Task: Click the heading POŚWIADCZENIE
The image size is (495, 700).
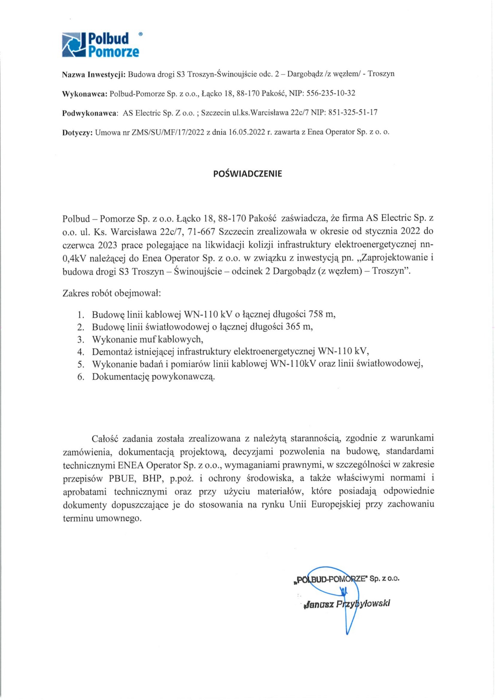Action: click(247, 174)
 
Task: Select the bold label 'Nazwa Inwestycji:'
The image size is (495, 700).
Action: click(94, 74)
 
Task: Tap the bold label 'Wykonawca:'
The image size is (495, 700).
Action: click(85, 94)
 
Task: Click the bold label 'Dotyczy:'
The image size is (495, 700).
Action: click(77, 132)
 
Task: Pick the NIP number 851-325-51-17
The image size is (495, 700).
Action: click(353, 113)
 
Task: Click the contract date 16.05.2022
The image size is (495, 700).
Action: click(246, 132)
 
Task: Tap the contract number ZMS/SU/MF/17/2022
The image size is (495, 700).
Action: click(168, 132)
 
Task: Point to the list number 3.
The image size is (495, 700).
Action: click(81, 339)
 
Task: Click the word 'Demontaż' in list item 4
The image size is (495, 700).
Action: click(113, 351)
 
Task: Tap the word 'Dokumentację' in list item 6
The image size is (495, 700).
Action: click(120, 377)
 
